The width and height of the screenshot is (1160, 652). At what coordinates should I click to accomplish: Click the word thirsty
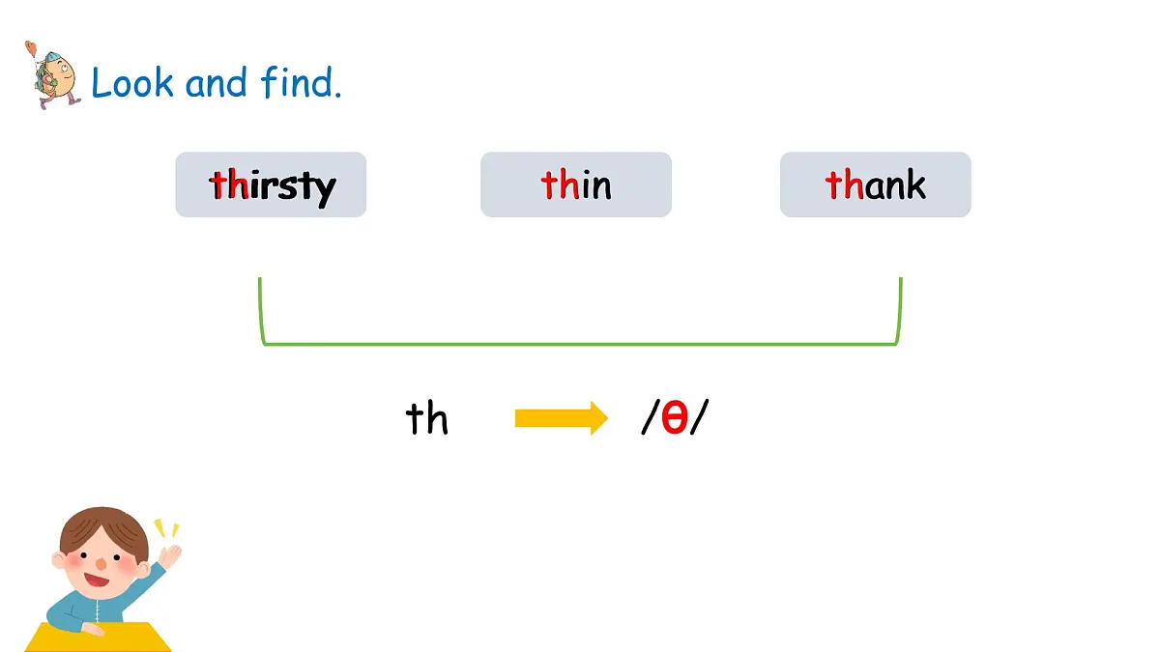click(273, 186)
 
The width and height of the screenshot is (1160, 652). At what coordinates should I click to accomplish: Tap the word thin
click(576, 184)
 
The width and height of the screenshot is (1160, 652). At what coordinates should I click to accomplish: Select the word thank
click(875, 184)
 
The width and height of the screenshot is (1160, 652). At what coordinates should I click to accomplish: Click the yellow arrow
click(562, 418)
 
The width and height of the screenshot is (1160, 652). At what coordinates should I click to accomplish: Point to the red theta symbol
click(675, 417)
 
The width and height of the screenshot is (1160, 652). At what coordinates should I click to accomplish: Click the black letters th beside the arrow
click(426, 418)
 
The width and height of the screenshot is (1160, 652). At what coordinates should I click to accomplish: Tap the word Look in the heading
click(132, 83)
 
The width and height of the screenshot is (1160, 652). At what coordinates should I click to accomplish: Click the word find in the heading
click(302, 82)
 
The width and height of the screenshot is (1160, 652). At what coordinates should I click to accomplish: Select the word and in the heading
click(216, 83)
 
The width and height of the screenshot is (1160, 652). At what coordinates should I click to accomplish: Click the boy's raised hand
click(170, 556)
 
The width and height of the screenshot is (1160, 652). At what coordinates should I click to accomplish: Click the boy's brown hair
click(103, 530)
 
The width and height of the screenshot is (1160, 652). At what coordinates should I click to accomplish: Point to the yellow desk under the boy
click(99, 638)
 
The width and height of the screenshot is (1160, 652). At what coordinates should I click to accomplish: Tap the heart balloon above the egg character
click(31, 48)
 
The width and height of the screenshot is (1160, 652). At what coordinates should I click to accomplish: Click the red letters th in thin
click(560, 184)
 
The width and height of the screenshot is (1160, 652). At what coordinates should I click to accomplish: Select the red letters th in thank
click(845, 184)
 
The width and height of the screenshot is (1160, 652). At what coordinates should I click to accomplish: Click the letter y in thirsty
click(326, 190)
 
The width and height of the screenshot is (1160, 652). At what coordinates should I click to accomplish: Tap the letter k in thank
click(915, 184)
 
